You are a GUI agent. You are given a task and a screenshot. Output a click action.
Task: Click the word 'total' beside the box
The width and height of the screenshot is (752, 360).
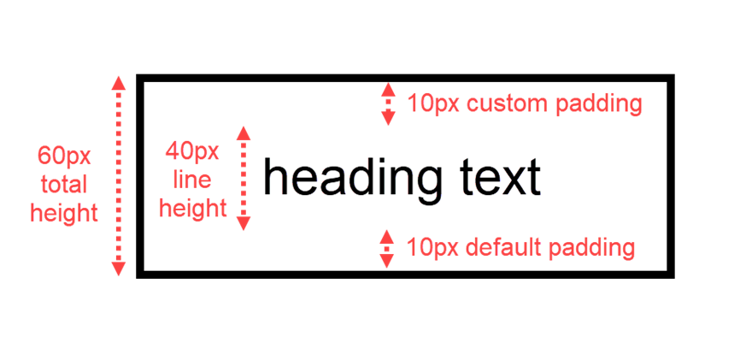click(x=64, y=184)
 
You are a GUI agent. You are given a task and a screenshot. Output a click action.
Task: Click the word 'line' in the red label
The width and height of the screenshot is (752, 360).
click(x=192, y=180)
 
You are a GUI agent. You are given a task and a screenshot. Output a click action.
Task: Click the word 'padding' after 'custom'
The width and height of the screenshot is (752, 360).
click(x=598, y=105)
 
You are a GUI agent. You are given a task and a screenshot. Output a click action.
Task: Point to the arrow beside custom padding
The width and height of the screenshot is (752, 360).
click(x=388, y=104)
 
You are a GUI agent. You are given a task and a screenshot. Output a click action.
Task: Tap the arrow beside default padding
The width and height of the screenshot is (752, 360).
click(x=387, y=249)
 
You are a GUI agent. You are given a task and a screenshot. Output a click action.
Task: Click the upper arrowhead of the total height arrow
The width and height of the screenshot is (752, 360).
click(x=119, y=83)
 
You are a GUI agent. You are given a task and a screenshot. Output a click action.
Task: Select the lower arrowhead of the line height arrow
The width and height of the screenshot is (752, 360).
click(x=244, y=224)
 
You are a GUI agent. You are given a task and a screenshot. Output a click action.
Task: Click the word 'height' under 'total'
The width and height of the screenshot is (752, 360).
click(x=64, y=213)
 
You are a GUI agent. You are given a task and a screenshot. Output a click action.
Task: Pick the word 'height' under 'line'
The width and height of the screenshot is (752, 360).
click(x=194, y=208)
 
